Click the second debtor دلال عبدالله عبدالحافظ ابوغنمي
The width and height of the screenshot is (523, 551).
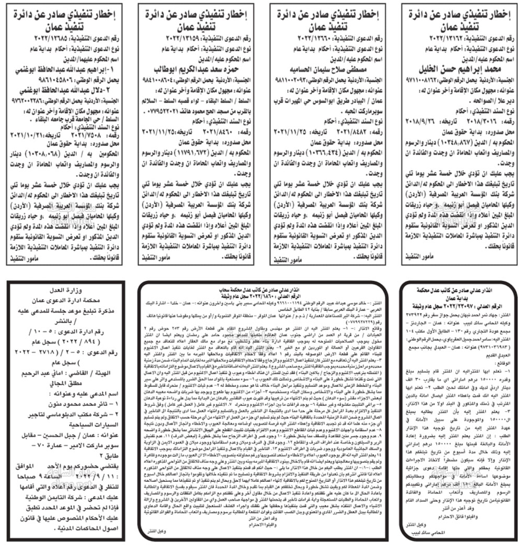click(x=65, y=91)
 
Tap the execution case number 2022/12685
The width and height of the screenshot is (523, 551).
click(x=35, y=38)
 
